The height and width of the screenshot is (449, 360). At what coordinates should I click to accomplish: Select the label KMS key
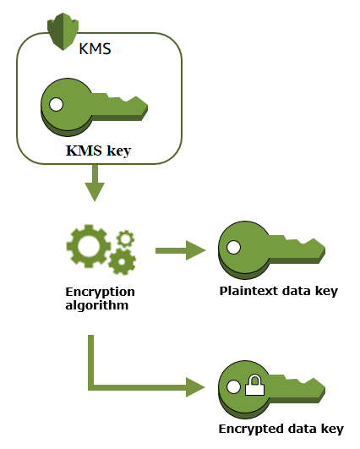pos(98,152)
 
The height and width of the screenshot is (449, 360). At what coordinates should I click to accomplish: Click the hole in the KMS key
pos(57,105)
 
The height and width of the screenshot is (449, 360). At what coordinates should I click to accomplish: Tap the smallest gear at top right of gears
pos(126,238)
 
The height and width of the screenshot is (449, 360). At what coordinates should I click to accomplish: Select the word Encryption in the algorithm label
pos(100,292)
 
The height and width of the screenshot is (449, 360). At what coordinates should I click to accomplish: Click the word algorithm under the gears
pos(97,304)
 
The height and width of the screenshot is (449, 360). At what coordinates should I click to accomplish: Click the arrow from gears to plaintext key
pos(181,249)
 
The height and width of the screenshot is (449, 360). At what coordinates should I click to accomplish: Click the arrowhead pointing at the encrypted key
pos(196,388)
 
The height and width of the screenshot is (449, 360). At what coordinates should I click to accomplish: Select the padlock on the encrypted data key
pos(254,387)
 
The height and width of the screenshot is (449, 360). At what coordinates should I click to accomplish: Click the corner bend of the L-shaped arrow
pos(90,388)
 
